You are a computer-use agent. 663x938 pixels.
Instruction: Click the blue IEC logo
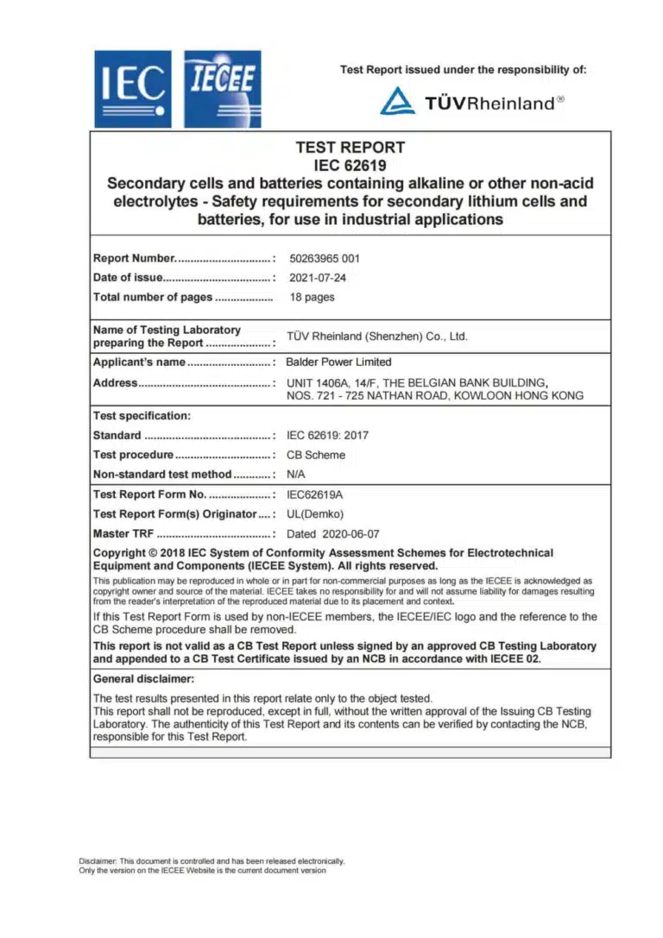click(133, 89)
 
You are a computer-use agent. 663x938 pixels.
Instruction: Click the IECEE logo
click(223, 89)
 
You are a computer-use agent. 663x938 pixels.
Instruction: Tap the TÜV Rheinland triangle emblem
click(398, 102)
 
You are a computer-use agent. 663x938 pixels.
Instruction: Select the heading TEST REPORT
click(350, 148)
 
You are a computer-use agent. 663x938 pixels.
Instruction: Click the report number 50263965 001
click(325, 258)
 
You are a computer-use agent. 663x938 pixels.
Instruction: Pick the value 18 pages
click(312, 297)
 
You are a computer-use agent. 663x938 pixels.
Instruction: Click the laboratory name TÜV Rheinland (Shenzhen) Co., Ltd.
click(376, 337)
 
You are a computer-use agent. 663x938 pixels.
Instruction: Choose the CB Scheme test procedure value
click(315, 455)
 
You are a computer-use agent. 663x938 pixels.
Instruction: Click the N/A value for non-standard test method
click(296, 474)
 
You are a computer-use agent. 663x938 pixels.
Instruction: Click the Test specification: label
click(142, 416)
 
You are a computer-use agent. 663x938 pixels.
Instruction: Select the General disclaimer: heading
click(143, 679)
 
